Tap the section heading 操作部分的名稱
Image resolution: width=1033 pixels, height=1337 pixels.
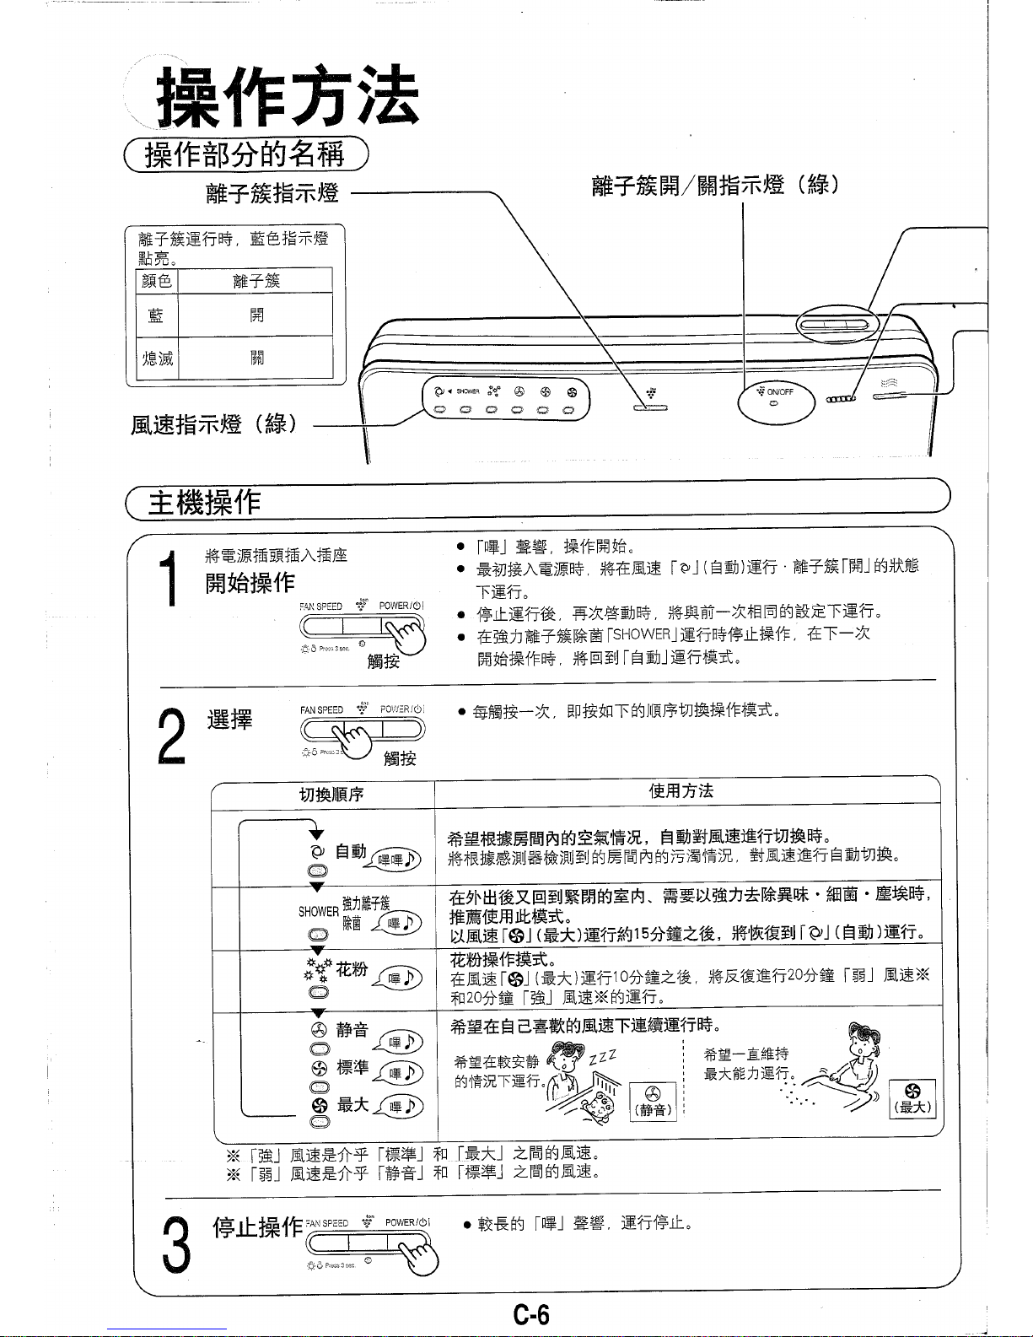tap(245, 155)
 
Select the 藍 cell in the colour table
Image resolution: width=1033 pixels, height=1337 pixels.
tap(156, 315)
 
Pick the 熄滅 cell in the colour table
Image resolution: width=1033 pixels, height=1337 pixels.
tap(156, 359)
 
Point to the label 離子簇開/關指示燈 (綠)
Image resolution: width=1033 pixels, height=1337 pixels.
tap(715, 186)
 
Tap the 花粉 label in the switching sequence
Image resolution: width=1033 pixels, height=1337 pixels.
tap(351, 969)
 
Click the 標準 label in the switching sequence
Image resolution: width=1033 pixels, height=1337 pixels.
tap(352, 1067)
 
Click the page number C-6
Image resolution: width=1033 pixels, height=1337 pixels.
tap(532, 1314)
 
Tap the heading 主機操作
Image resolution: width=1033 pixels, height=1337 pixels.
tap(203, 503)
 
